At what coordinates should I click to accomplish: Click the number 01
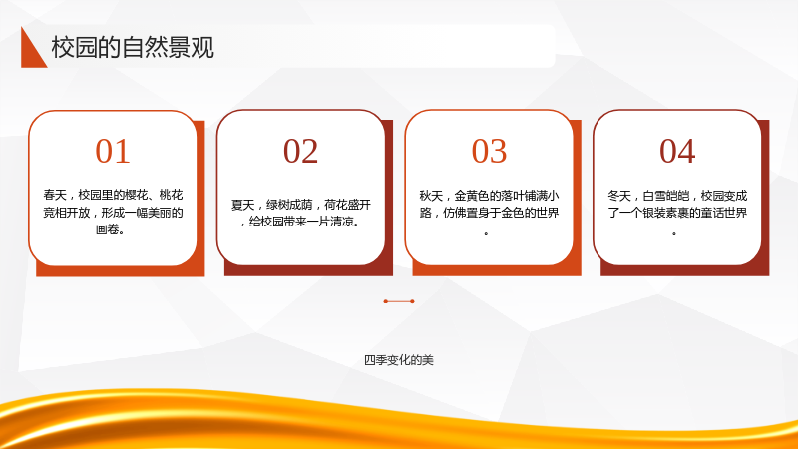(x=113, y=151)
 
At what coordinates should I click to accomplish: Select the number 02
(x=301, y=151)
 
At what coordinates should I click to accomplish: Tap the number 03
(x=489, y=151)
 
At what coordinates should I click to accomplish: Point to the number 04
(x=677, y=151)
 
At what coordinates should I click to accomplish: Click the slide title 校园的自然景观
(x=133, y=47)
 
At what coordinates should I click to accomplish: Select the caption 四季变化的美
(x=399, y=360)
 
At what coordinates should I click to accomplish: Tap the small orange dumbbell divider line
(x=399, y=301)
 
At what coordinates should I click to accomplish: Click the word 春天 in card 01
(x=55, y=195)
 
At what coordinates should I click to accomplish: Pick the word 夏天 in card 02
(x=242, y=205)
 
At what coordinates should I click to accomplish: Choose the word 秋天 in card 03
(x=431, y=196)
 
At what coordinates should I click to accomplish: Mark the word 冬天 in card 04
(x=619, y=196)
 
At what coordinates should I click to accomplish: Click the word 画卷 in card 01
(x=107, y=229)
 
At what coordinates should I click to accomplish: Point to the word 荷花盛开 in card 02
(x=347, y=205)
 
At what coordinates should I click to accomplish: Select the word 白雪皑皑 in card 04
(x=665, y=196)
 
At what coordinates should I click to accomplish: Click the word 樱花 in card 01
(x=136, y=195)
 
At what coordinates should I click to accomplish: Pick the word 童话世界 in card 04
(x=724, y=213)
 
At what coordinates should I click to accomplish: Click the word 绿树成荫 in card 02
(x=289, y=205)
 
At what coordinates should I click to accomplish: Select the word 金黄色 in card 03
(x=472, y=196)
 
